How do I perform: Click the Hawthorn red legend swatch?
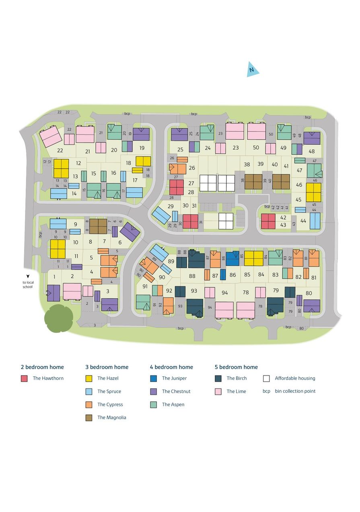click(24, 378)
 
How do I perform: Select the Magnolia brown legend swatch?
click(89, 418)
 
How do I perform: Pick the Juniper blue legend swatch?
click(153, 378)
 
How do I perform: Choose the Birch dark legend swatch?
click(218, 378)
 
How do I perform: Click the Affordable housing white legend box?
click(266, 378)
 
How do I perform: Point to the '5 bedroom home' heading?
click(236, 367)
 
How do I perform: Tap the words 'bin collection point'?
click(295, 391)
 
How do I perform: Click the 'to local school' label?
click(28, 285)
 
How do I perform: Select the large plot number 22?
click(60, 151)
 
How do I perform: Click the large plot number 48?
click(312, 151)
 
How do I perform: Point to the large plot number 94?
click(225, 293)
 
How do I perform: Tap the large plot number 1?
click(55, 277)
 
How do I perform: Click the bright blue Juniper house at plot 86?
click(232, 258)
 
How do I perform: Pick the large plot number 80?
click(309, 293)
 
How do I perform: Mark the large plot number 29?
click(171, 206)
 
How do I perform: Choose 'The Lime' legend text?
click(236, 391)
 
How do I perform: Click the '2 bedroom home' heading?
click(42, 367)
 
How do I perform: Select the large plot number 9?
click(75, 224)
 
